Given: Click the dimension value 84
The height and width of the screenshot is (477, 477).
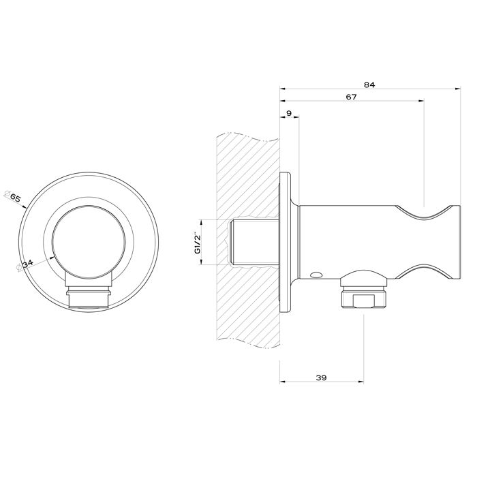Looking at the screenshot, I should pyautogui.click(x=369, y=84).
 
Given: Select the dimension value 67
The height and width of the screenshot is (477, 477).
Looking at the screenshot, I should pyautogui.click(x=352, y=97).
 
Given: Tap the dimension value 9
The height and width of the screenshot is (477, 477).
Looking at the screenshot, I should pyautogui.click(x=289, y=112).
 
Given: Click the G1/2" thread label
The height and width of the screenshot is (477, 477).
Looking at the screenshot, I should pyautogui.click(x=197, y=242).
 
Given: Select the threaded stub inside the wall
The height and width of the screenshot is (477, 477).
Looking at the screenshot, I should pyautogui.click(x=256, y=242).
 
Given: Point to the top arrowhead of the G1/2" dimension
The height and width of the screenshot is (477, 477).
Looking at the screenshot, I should pyautogui.click(x=200, y=221).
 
